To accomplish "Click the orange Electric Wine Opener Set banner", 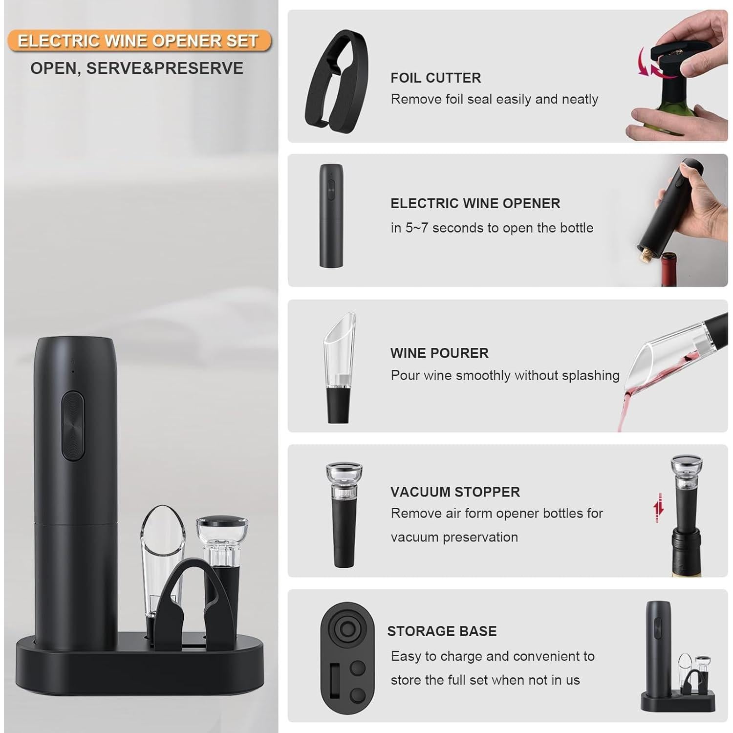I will pos(139,41).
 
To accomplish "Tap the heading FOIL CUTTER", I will pos(435,78).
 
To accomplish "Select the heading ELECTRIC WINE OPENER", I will pos(475,203).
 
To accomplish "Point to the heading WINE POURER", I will pos(439,353).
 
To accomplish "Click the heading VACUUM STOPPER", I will pos(455,492).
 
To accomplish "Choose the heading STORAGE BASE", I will pos(442,631).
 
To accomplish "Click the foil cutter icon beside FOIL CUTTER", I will pos(336,78).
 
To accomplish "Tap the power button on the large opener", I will pos(73,425).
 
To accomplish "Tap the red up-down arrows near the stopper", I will pos(659,508).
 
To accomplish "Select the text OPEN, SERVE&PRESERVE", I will pos(137,68).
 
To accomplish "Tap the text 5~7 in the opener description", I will pos(416,228).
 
